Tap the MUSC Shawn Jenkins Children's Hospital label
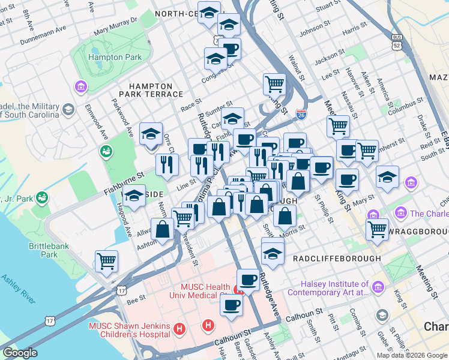[130, 330]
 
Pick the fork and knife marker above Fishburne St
[166, 163]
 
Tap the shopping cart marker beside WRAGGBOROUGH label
[377, 229]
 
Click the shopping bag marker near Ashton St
[163, 229]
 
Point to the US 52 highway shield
[397, 45]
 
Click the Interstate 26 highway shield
[301, 112]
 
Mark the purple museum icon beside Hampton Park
[80, 88]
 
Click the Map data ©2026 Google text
[411, 355]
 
